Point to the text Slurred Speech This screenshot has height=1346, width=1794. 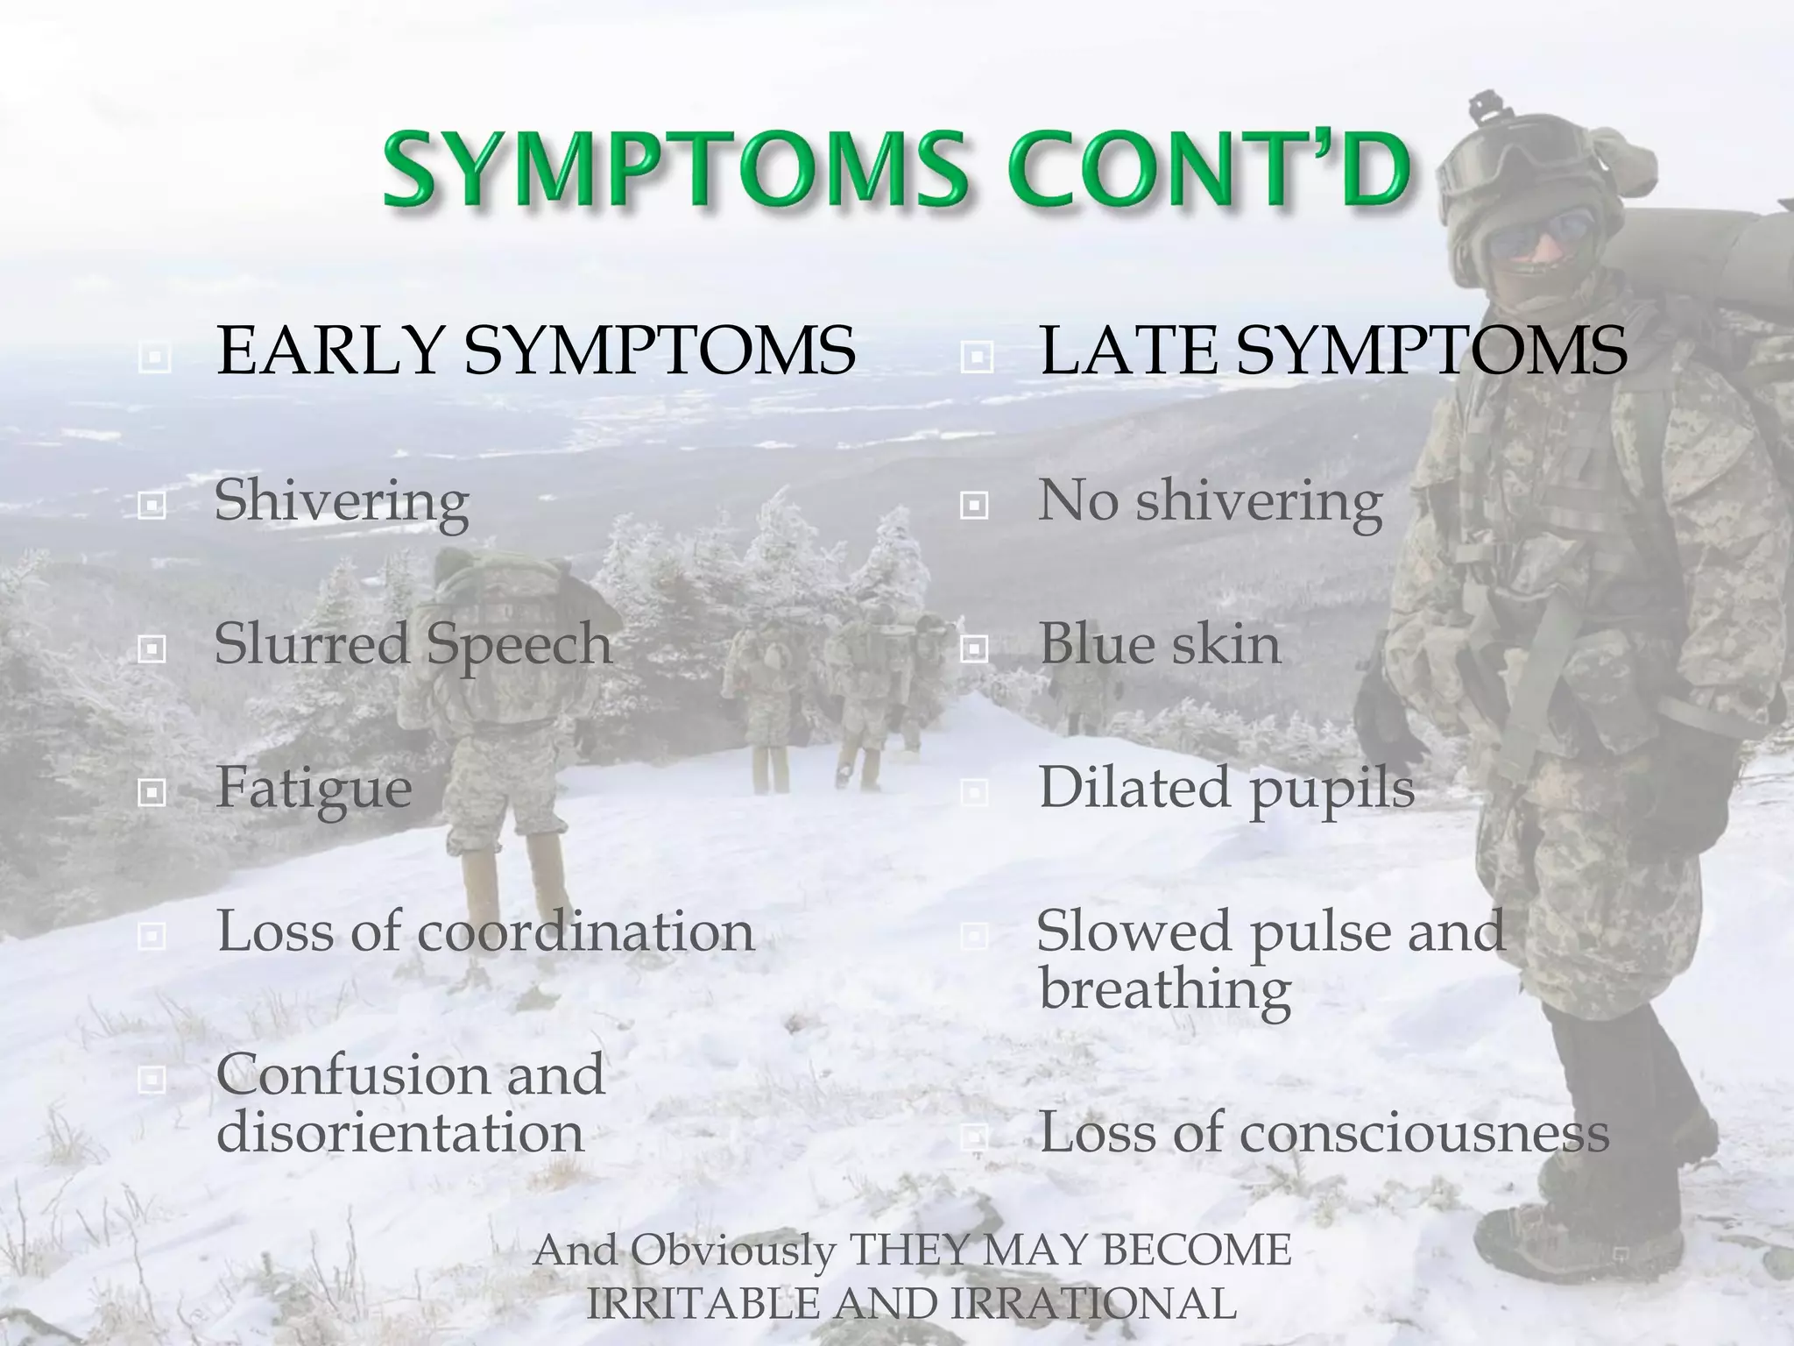(x=413, y=644)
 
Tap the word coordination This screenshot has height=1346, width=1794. (x=585, y=931)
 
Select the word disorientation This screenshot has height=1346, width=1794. (x=399, y=1131)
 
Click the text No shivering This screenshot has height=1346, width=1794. (x=1210, y=502)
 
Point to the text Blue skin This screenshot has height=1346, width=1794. (x=1159, y=644)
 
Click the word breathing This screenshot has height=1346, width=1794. (x=1164, y=988)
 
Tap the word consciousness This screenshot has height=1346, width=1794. (x=1423, y=1131)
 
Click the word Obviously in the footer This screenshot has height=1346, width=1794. (x=732, y=1250)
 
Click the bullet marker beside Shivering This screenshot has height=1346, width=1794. (x=152, y=506)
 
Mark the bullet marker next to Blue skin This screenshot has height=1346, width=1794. (x=974, y=649)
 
